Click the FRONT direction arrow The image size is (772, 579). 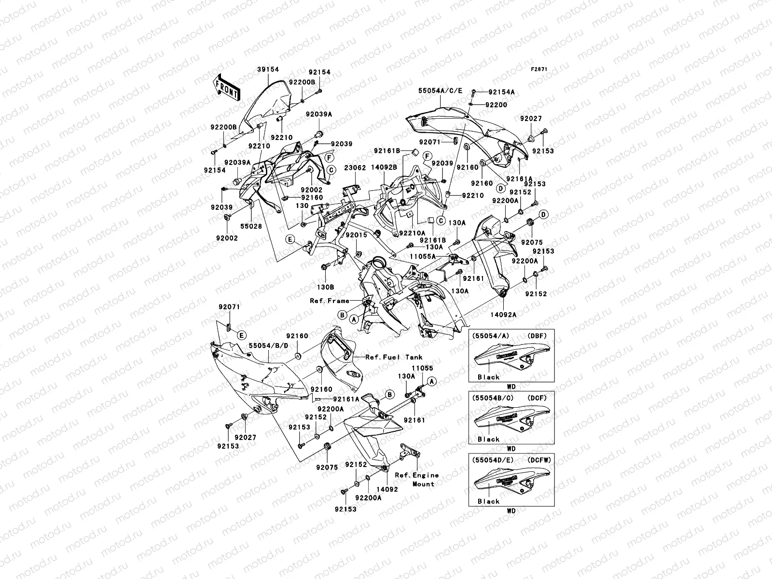[x=227, y=87]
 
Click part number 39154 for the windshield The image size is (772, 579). [x=267, y=70]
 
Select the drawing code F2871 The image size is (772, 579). [x=539, y=69]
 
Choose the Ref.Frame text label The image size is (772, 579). [x=330, y=301]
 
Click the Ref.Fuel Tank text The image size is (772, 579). [x=394, y=357]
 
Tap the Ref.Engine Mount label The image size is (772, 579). [x=416, y=480]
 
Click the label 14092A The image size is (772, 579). [x=504, y=315]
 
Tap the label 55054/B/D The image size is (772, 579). [x=268, y=345]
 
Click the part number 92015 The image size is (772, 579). [x=356, y=235]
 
